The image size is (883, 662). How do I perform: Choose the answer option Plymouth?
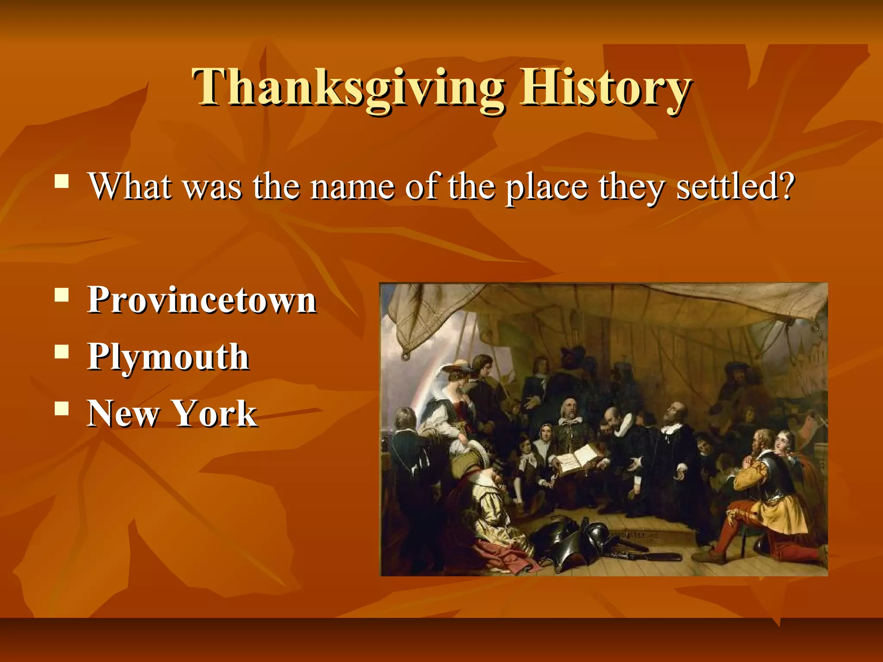pyautogui.click(x=168, y=357)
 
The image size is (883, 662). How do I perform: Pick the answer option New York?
pyautogui.click(x=172, y=413)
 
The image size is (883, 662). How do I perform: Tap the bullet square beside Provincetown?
pyautogui.click(x=62, y=295)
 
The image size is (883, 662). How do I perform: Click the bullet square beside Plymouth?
pyautogui.click(x=62, y=352)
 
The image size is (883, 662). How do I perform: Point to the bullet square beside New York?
pyautogui.click(x=62, y=409)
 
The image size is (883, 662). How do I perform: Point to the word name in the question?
pyautogui.click(x=352, y=187)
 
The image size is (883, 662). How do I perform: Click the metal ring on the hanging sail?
pyautogui.click(x=405, y=356)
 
